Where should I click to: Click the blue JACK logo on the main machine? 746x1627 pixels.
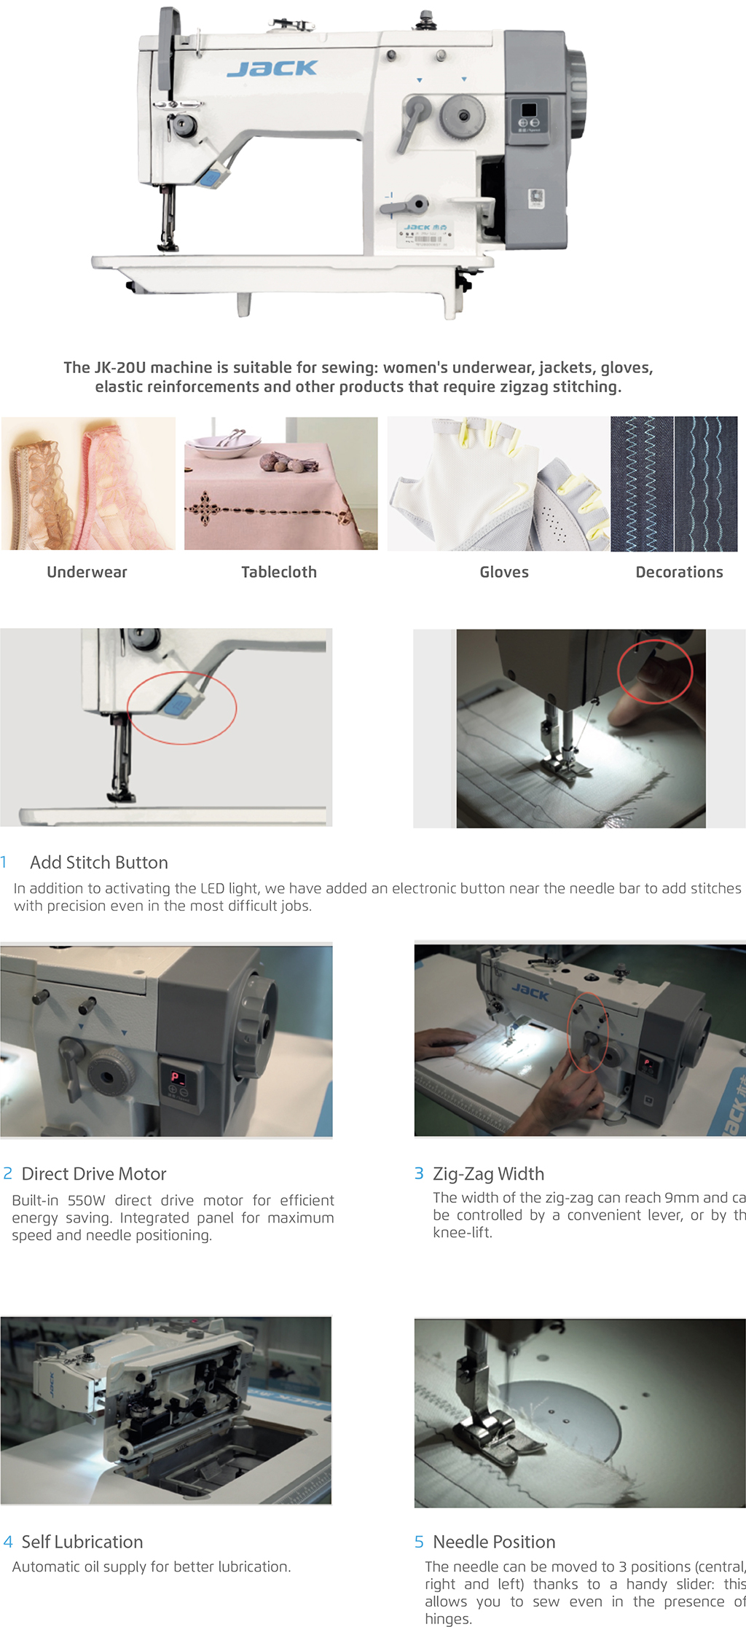tap(272, 68)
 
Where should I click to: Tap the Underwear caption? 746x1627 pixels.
tap(87, 572)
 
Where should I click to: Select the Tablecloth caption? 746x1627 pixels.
tap(279, 572)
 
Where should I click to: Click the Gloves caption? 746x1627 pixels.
tap(504, 572)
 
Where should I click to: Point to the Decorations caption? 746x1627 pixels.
tap(679, 572)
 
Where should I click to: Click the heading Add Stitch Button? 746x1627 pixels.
tap(99, 862)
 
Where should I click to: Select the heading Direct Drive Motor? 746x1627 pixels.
tap(94, 1174)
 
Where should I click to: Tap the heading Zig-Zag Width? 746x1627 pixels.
tap(488, 1174)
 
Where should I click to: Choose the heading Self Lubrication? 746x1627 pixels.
tap(82, 1542)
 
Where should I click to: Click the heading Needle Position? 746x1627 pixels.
tap(494, 1542)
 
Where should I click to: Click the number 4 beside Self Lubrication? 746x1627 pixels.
tap(8, 1542)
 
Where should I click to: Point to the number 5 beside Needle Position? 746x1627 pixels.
tap(419, 1542)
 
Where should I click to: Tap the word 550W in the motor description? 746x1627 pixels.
tap(87, 1200)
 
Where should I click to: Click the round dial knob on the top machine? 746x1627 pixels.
tap(463, 114)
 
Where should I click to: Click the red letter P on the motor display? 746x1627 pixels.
tap(175, 1077)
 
